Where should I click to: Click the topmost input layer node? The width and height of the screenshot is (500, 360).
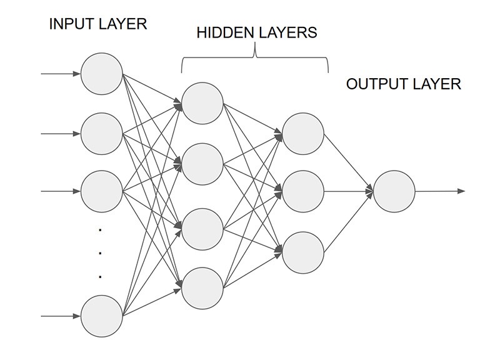[x=102, y=74]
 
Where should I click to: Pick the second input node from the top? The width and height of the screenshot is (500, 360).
[x=102, y=133]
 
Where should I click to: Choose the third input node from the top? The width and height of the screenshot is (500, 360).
[x=102, y=191]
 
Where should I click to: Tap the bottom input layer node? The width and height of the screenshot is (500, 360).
[x=102, y=316]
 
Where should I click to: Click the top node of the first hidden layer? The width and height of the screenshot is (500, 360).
[x=202, y=103]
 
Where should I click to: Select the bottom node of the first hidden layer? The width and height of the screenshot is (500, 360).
[x=202, y=288]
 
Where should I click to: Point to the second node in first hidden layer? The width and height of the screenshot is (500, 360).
[x=202, y=164]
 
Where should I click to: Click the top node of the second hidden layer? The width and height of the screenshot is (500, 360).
[x=303, y=134]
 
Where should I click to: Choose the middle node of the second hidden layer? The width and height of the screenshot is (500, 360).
[x=303, y=191]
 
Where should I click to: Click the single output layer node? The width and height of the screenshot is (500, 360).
[x=394, y=191]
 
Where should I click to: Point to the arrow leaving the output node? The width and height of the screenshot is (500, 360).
[x=440, y=191]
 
